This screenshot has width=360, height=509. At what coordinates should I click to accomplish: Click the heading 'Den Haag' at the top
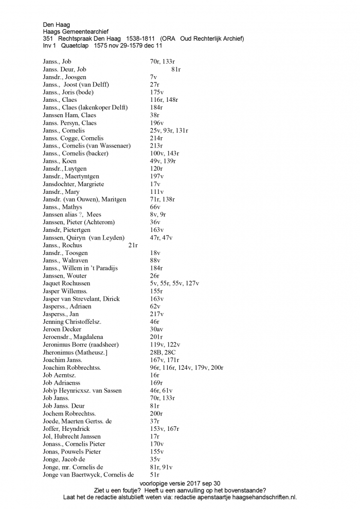click(57, 24)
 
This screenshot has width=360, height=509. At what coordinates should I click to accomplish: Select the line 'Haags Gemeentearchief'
click(76, 31)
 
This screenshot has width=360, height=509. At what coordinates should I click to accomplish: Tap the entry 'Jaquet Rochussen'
click(66, 283)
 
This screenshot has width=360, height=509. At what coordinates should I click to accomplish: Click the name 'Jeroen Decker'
click(63, 329)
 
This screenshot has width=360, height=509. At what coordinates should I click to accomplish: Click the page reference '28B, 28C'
click(162, 352)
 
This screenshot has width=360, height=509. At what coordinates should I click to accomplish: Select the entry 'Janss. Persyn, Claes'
click(69, 123)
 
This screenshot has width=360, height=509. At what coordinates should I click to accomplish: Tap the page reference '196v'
click(157, 123)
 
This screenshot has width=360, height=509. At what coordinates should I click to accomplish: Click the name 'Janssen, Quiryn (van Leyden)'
click(84, 238)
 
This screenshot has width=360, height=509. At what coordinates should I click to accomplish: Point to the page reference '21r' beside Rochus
click(133, 245)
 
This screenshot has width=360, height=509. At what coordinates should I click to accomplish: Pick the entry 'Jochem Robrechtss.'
click(69, 413)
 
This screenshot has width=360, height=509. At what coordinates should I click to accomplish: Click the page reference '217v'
click(157, 314)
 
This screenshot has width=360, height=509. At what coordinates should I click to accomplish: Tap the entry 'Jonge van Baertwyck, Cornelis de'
click(88, 475)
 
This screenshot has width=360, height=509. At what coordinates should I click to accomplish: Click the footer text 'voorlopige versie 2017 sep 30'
click(179, 483)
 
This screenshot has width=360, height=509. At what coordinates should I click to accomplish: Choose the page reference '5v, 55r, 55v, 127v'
click(174, 283)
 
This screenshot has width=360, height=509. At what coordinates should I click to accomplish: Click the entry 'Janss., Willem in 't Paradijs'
click(80, 268)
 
